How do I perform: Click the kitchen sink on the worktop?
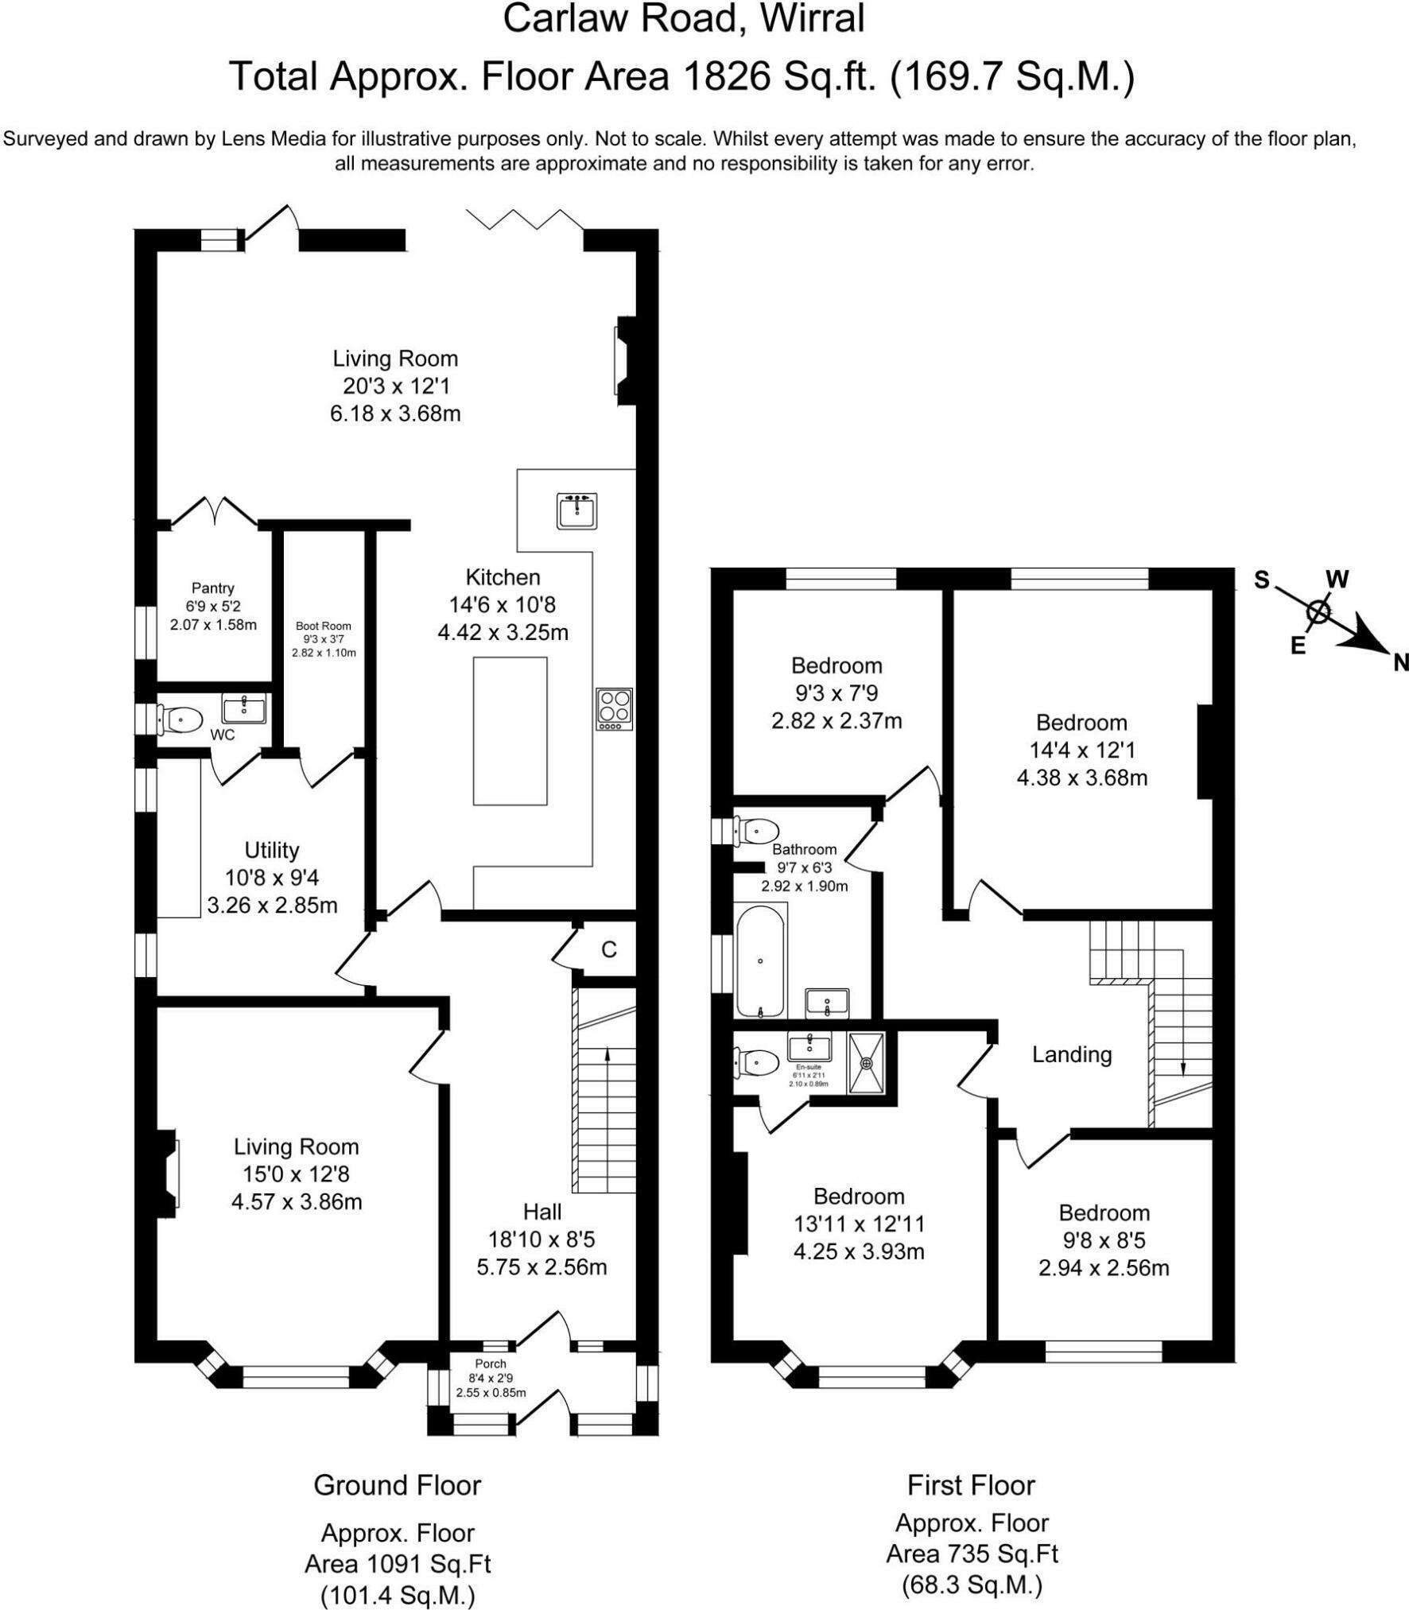pyautogui.click(x=577, y=510)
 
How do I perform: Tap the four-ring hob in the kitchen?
pyautogui.click(x=615, y=709)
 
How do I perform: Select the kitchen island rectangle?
pyautogui.click(x=510, y=731)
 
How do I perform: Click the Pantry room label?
pyautogui.click(x=213, y=588)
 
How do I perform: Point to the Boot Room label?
pyautogui.click(x=324, y=626)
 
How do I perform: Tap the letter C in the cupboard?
pyautogui.click(x=609, y=949)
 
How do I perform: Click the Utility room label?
pyautogui.click(x=272, y=851)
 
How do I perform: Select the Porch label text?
pyautogui.click(x=491, y=1364)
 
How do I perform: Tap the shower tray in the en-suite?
pyautogui.click(x=866, y=1062)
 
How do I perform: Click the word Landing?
pyautogui.click(x=1072, y=1055)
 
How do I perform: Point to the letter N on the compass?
pyautogui.click(x=1400, y=662)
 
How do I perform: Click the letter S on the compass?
pyautogui.click(x=1262, y=580)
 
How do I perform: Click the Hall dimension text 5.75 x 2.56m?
pyautogui.click(x=541, y=1267)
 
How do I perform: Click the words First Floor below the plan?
pyautogui.click(x=971, y=1485)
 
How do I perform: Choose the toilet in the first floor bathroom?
pyautogui.click(x=756, y=832)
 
